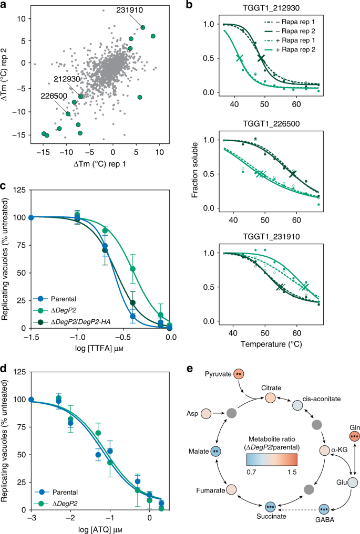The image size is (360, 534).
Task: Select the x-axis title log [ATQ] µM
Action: click(x=100, y=528)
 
